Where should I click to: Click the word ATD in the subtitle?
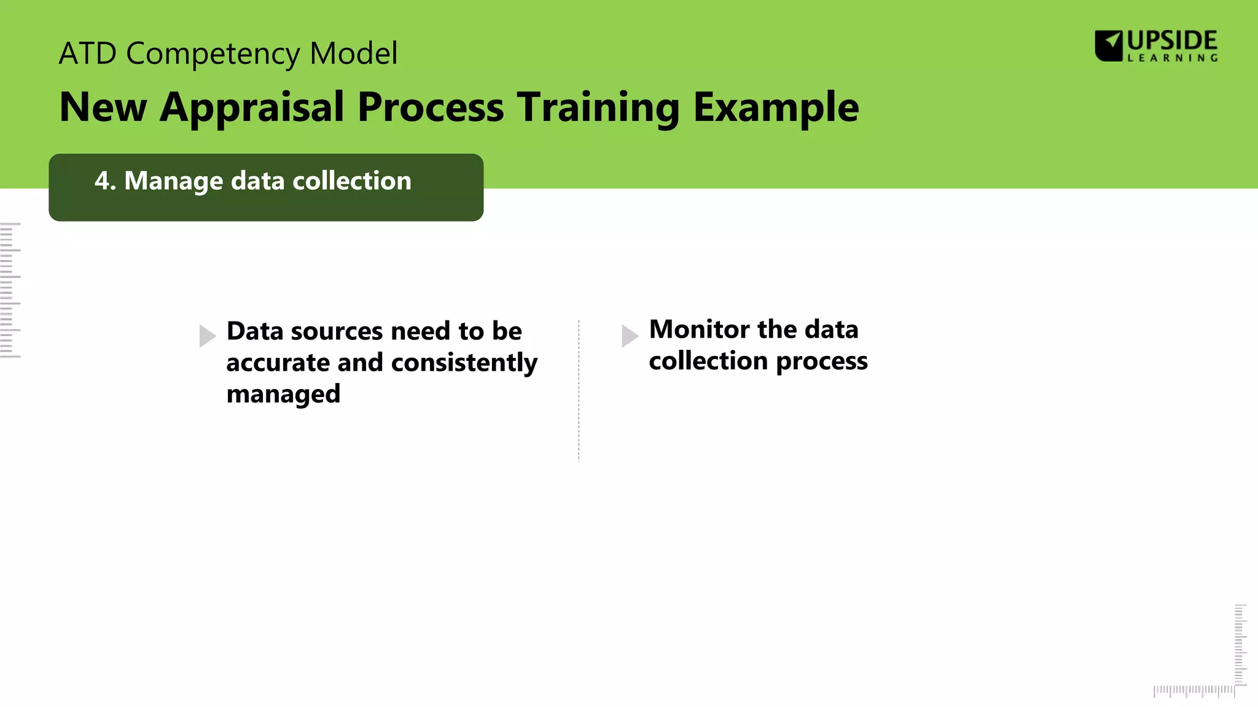(x=87, y=53)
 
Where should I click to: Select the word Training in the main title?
(x=598, y=108)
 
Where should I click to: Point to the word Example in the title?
(x=776, y=108)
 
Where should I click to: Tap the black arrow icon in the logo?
(x=1109, y=45)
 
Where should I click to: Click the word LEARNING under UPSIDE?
(x=1172, y=58)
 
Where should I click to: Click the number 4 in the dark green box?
(x=103, y=181)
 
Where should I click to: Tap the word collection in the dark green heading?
(x=352, y=181)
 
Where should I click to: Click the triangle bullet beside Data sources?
(x=207, y=336)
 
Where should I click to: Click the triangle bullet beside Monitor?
(x=630, y=336)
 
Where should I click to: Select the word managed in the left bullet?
(x=283, y=394)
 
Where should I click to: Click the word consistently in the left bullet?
(x=464, y=363)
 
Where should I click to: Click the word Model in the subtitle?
(x=354, y=53)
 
